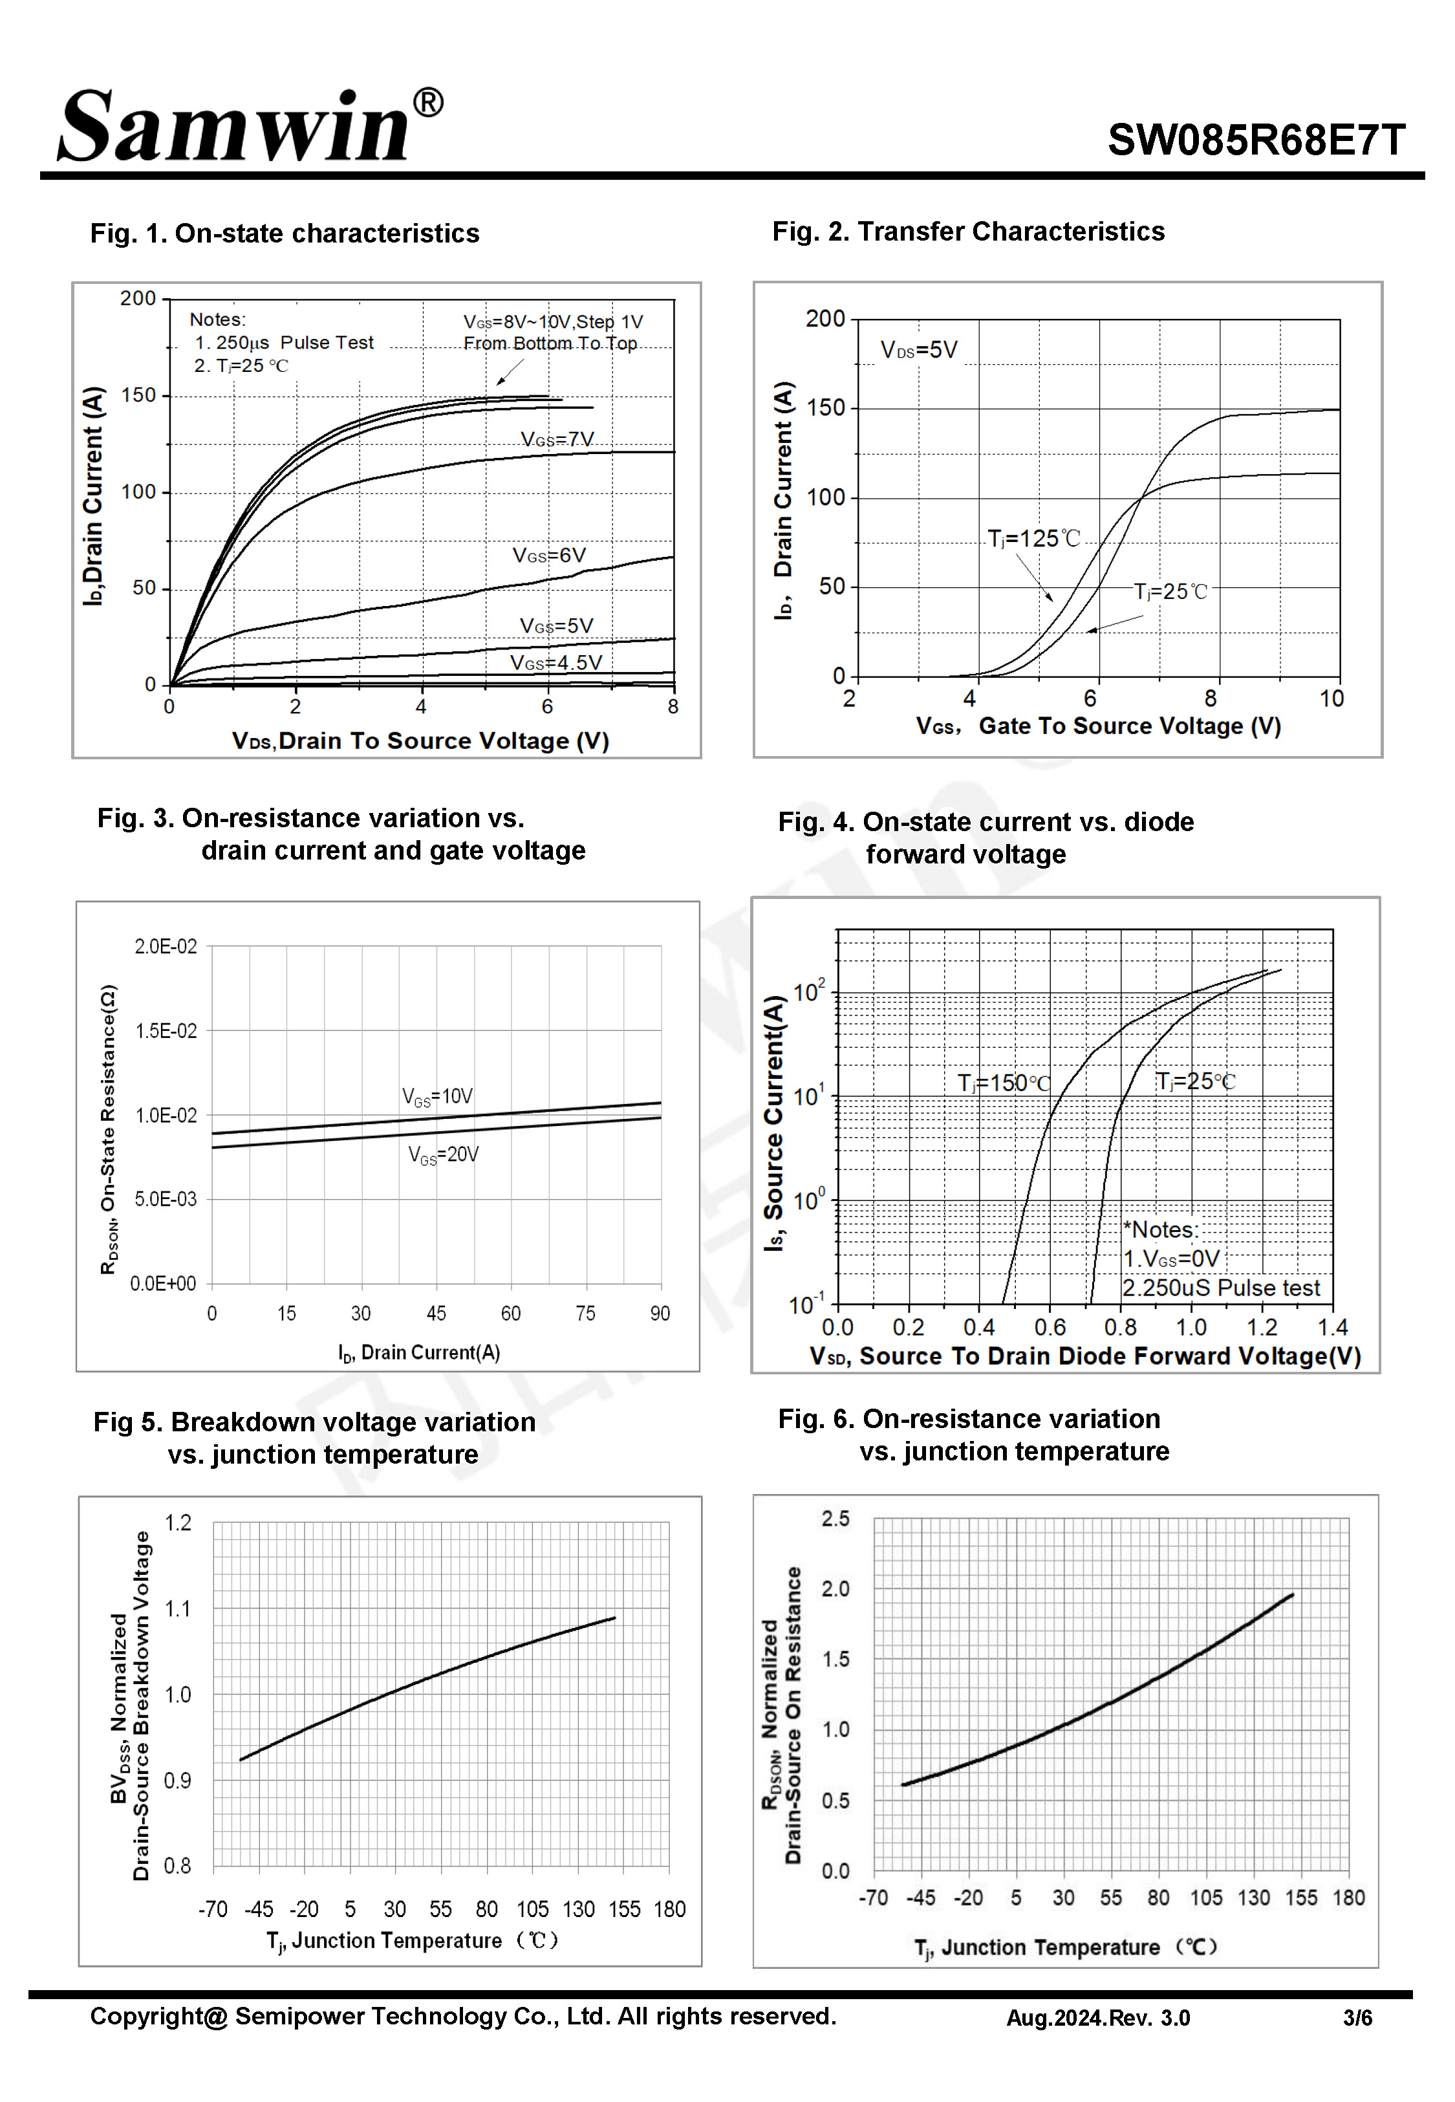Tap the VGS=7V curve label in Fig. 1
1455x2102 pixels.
tap(556, 439)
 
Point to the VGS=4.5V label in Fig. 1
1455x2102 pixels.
tap(555, 663)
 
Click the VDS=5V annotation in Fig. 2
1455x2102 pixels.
tap(918, 350)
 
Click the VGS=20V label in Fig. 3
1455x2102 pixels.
tap(443, 1155)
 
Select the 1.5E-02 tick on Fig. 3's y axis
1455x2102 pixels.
tap(166, 1031)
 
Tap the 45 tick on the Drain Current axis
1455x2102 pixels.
tap(436, 1314)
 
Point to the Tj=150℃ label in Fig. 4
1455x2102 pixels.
tap(1003, 1083)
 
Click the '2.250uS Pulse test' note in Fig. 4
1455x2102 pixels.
tap(1221, 1288)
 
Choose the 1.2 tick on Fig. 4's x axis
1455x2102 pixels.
tap(1262, 1327)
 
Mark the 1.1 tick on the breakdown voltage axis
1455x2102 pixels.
tap(178, 1609)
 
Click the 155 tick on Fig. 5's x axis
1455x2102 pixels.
tap(625, 1909)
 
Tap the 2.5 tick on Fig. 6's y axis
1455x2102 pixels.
tap(835, 1519)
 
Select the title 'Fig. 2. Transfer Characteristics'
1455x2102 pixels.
tap(968, 232)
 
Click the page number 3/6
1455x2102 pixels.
tap(1357, 2018)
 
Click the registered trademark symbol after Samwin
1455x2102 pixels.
tap(427, 103)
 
